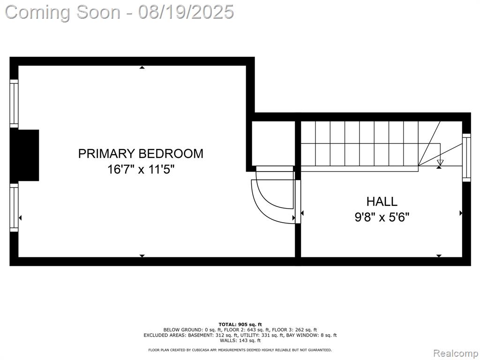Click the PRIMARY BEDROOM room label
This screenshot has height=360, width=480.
pyautogui.click(x=141, y=153)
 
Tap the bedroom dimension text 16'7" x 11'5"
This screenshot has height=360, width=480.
pyautogui.click(x=141, y=169)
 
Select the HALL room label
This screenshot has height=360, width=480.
pyautogui.click(x=382, y=202)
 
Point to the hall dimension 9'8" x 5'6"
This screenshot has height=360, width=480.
pyautogui.click(x=382, y=217)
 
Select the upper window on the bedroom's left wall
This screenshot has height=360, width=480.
pyautogui.click(x=14, y=104)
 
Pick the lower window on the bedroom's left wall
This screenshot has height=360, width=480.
pyautogui.click(x=14, y=207)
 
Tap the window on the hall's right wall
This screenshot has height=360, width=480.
pyautogui.click(x=466, y=157)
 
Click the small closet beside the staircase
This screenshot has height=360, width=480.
pyautogui.click(x=273, y=143)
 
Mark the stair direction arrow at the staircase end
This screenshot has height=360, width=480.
pyautogui.click(x=440, y=162)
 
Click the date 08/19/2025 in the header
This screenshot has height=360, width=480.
pyautogui.click(x=186, y=12)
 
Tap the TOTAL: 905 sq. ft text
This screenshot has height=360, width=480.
pyautogui.click(x=240, y=324)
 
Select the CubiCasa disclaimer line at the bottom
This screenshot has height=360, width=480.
pyautogui.click(x=240, y=350)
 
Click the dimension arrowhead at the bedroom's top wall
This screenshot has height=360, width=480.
pyautogui.click(x=142, y=67)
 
